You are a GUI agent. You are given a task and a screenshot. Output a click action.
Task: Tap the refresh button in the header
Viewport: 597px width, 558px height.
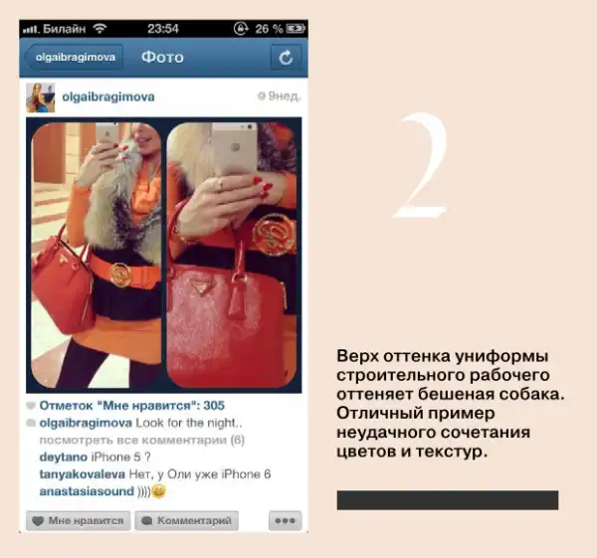point(286,58)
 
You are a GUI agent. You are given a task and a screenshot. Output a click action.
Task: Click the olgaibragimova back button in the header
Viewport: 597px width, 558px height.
point(74,58)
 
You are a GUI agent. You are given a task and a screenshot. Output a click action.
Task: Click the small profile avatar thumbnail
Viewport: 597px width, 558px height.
point(41,97)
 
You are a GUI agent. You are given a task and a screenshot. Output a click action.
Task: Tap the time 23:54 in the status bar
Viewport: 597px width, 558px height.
point(163,29)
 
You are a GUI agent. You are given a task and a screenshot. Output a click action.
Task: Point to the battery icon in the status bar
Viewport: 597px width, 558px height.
point(296,29)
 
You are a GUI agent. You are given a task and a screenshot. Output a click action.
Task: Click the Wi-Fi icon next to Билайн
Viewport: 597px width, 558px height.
point(100,28)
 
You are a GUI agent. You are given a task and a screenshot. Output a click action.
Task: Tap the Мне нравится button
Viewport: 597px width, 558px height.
point(78,520)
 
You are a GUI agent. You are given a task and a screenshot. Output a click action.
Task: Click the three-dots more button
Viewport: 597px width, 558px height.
point(285,520)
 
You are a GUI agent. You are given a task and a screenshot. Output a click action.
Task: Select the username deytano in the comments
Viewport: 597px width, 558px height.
point(64,457)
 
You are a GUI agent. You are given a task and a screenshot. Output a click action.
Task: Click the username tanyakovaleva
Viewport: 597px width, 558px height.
point(83,474)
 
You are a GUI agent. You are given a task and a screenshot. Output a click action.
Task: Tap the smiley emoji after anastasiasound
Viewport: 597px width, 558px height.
point(159,491)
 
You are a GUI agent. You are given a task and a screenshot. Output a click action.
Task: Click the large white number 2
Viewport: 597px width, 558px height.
point(422,165)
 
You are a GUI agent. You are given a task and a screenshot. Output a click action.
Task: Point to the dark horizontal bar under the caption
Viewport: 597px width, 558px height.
point(448,500)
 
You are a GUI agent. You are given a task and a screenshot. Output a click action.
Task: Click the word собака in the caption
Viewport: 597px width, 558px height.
point(531,394)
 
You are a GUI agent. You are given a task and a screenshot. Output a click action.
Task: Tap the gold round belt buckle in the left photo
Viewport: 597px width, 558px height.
point(120,275)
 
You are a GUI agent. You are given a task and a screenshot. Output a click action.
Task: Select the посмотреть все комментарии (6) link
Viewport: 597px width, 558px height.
point(142,440)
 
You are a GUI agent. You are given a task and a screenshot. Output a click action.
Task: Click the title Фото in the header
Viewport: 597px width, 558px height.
point(162,58)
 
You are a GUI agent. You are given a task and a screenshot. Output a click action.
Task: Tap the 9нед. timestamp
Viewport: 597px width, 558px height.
point(280,96)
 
